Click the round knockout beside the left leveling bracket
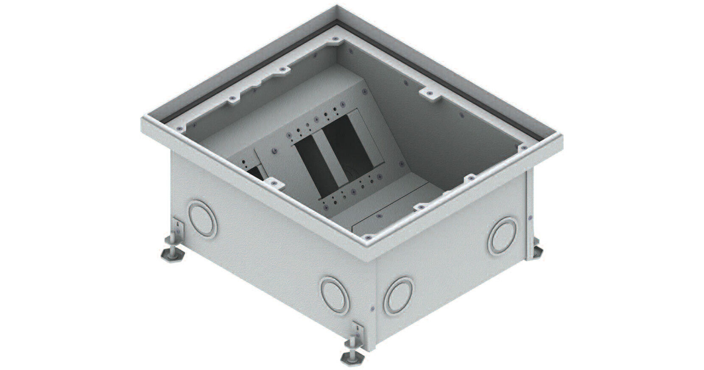[202, 220]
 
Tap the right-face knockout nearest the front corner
[398, 296]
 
